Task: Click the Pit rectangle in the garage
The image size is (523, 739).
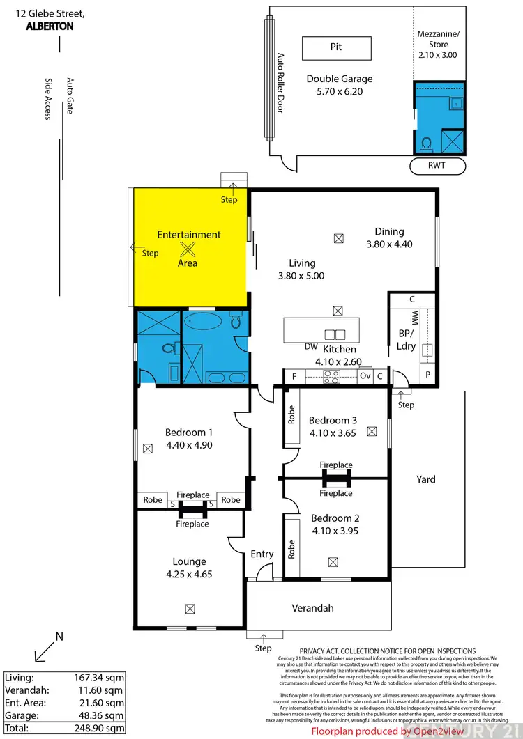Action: coord(335,47)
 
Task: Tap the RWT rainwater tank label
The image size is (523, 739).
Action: coord(437,166)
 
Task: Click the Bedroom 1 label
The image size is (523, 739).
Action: coord(184,431)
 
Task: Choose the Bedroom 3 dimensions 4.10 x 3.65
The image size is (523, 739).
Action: coord(333,433)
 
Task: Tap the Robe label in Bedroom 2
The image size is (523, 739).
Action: coord(291,550)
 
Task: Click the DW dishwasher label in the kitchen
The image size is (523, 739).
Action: coord(312,346)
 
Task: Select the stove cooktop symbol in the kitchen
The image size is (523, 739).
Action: coord(331,377)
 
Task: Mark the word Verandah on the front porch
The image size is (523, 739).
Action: coord(312,608)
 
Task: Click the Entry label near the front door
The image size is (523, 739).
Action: coord(262,554)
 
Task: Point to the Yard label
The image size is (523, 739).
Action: coord(425,479)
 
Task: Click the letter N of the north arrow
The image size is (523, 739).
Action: coord(59,636)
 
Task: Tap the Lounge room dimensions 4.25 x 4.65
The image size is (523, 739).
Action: coord(189,575)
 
